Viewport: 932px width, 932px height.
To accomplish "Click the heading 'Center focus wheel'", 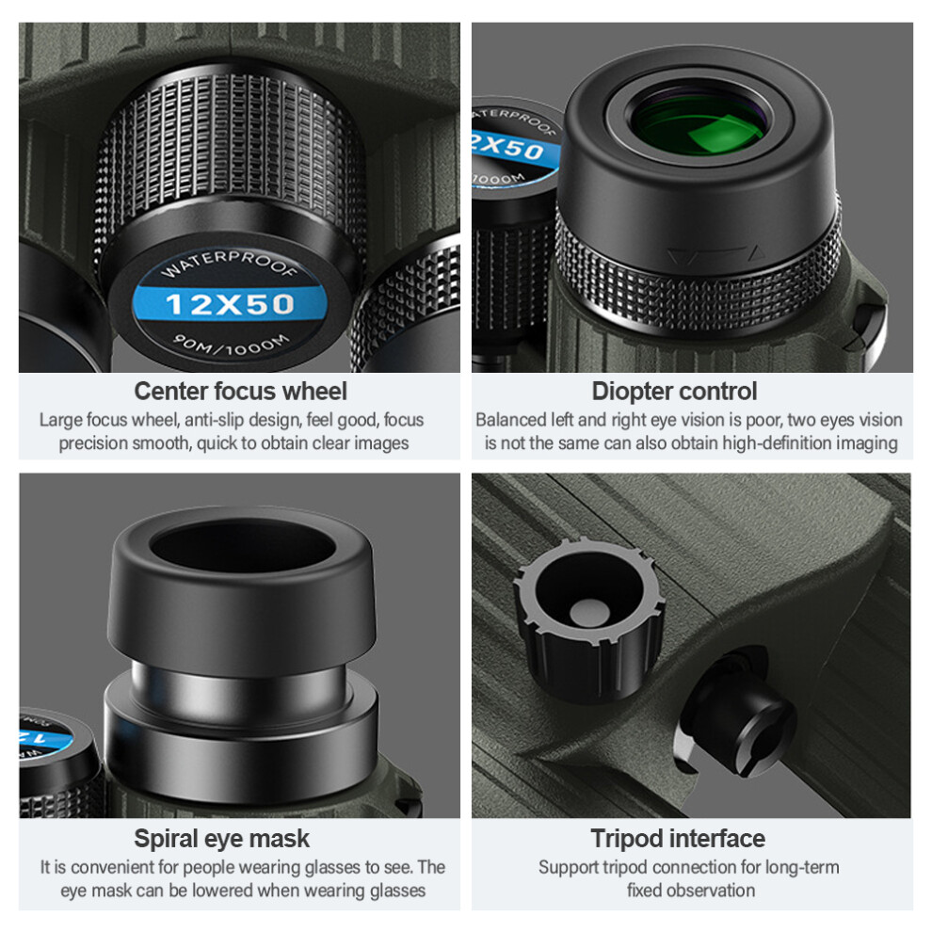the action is click(x=240, y=392).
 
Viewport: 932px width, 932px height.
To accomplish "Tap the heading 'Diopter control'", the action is click(x=674, y=392).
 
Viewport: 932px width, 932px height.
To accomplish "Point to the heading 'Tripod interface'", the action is click(x=678, y=839).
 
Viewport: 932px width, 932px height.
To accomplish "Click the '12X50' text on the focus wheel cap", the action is click(x=230, y=304).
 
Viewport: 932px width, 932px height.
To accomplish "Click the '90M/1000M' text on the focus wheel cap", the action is click(x=232, y=345).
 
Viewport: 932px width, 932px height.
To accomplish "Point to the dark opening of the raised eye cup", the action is click(x=242, y=547).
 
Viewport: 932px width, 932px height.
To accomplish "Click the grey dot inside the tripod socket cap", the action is click(x=589, y=612).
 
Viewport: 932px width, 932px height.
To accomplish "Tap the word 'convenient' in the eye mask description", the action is click(x=121, y=868).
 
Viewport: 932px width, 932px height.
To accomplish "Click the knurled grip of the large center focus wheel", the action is click(x=231, y=143).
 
